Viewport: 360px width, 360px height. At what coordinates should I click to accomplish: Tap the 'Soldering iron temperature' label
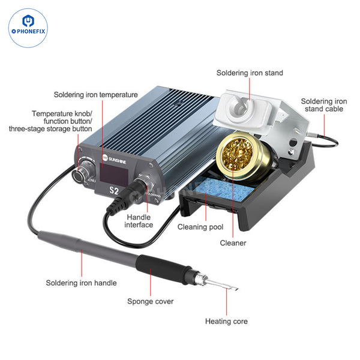(x=96, y=94)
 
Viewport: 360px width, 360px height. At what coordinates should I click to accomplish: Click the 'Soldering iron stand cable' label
(x=324, y=106)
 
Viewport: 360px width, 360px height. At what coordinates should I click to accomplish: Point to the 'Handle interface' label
(x=139, y=220)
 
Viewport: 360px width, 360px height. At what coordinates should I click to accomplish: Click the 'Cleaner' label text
(x=233, y=243)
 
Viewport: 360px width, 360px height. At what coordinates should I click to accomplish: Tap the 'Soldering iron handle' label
(x=82, y=282)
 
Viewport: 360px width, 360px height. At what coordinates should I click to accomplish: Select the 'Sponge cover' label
(x=151, y=301)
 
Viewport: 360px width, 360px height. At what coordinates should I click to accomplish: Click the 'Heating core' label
(x=226, y=321)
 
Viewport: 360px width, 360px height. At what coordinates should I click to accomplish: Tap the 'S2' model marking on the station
(x=112, y=191)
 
